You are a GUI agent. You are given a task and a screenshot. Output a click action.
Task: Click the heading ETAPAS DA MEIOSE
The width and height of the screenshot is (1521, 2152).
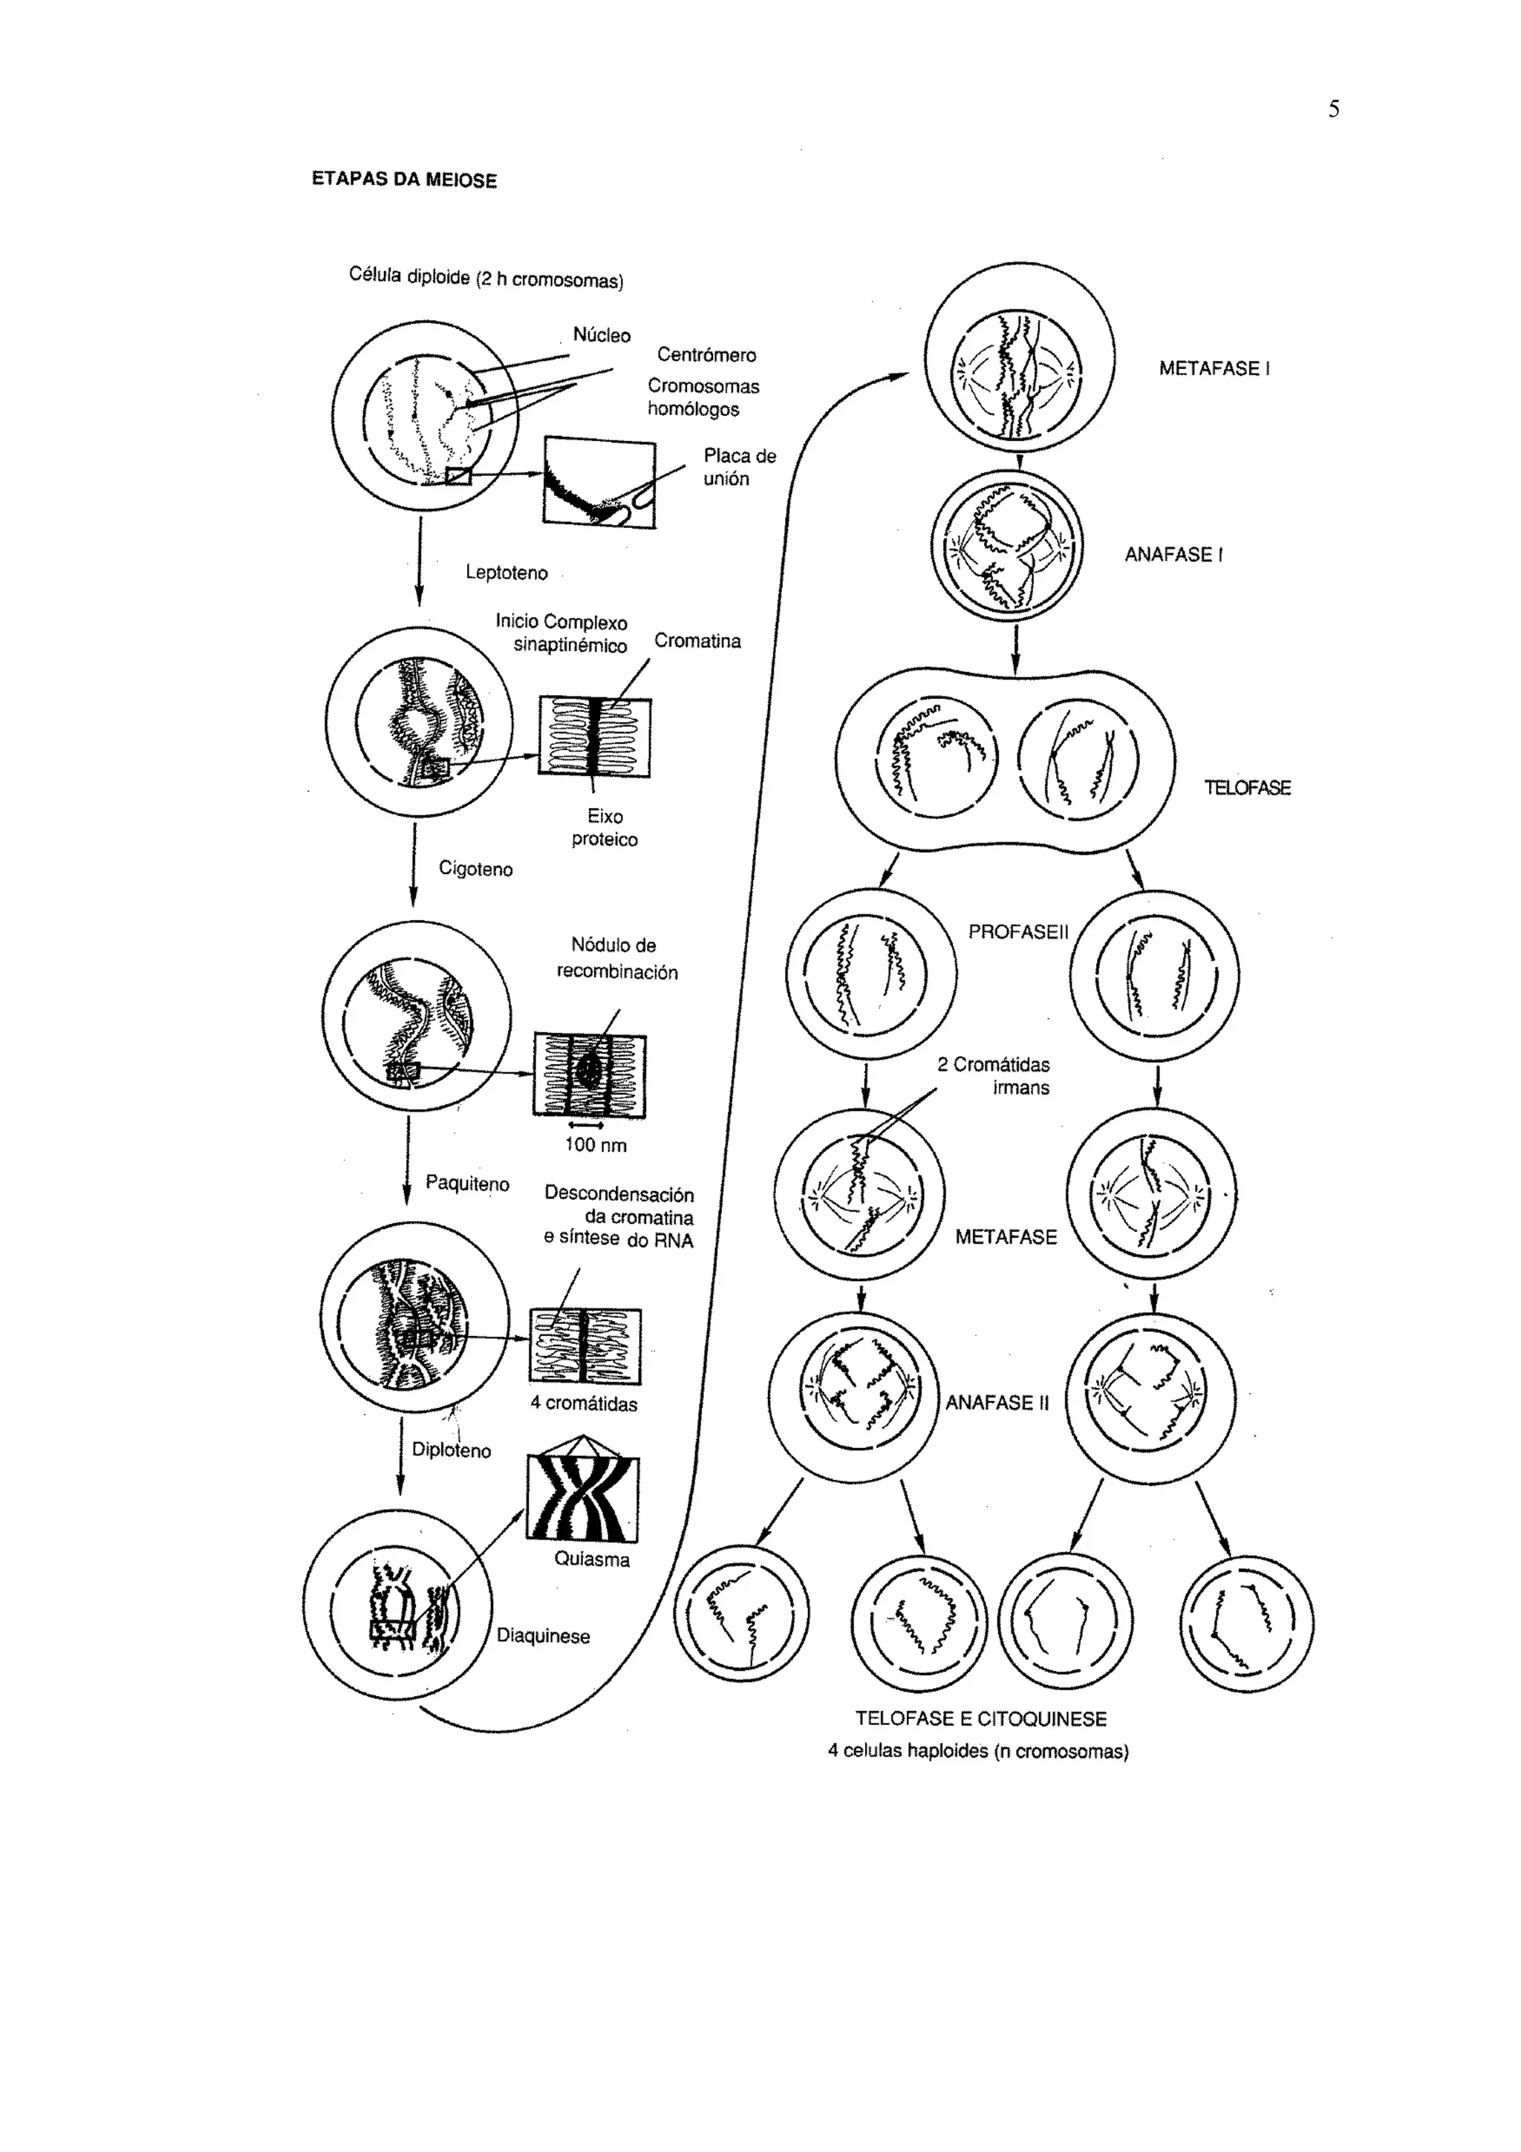tap(404, 180)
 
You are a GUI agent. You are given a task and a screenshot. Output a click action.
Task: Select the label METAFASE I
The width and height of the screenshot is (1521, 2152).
tap(1214, 368)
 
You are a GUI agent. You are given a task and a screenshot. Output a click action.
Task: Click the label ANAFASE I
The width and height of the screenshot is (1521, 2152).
tap(1173, 555)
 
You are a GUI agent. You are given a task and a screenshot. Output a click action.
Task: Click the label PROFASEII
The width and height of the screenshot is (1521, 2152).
tap(1017, 933)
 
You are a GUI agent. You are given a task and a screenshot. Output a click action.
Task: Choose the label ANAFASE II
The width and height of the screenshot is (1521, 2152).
tap(997, 1403)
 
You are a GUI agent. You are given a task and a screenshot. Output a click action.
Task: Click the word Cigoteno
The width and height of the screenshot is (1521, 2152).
tap(475, 870)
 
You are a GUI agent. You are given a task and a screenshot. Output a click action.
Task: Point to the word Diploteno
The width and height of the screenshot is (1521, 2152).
tap(451, 1451)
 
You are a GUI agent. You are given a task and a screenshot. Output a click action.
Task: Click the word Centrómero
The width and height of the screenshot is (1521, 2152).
tap(706, 355)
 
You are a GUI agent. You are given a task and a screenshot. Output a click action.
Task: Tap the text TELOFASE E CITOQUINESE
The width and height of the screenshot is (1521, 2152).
tap(980, 1719)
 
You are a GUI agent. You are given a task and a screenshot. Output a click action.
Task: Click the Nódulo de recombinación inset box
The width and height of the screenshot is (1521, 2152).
tap(590, 1074)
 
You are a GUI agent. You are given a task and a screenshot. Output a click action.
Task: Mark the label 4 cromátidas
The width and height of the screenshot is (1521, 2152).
tap(583, 1404)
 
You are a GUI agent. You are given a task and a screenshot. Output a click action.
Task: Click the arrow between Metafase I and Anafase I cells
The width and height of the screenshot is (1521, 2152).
tap(1020, 461)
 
